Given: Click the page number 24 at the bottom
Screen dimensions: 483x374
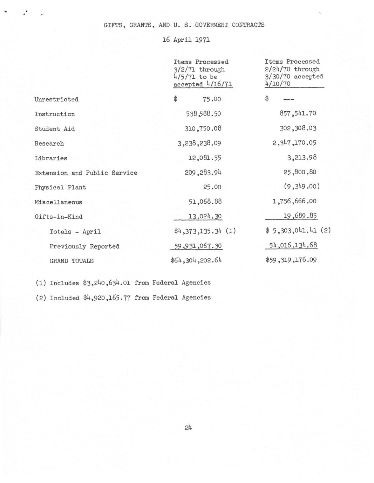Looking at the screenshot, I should click(x=188, y=427).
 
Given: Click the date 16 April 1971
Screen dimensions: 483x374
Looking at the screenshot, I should click(x=186, y=40).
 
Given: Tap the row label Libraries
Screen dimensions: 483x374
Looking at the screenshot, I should click(x=51, y=158).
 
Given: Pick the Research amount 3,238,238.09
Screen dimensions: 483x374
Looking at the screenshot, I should click(x=199, y=143).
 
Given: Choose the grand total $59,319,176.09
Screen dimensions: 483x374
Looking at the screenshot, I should click(x=291, y=260).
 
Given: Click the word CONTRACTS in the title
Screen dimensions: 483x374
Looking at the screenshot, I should click(x=248, y=25).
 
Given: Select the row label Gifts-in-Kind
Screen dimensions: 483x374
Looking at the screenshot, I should click(x=59, y=217).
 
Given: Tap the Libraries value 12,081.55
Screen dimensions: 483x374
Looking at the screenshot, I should click(x=204, y=158).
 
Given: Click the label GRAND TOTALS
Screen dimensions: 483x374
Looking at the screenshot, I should click(x=72, y=261).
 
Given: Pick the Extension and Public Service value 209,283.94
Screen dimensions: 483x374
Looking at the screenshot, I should click(x=203, y=173).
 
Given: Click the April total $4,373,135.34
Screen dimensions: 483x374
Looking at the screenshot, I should click(x=198, y=231).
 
